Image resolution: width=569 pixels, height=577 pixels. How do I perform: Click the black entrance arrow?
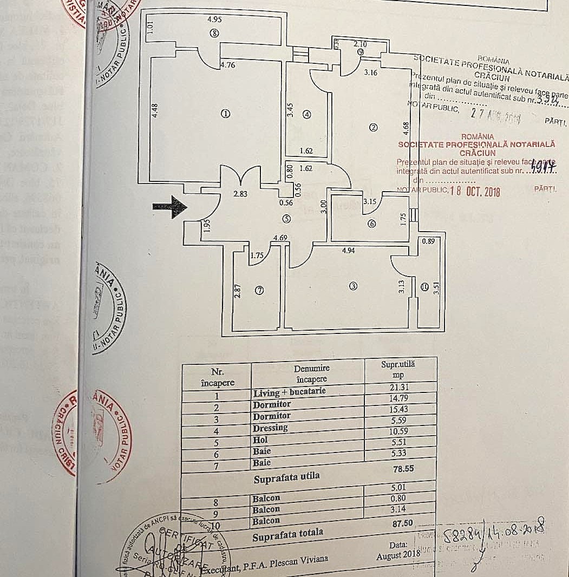[169, 207]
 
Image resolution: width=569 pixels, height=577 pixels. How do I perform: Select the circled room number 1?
[226, 114]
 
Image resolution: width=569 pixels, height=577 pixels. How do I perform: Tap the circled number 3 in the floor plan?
[354, 286]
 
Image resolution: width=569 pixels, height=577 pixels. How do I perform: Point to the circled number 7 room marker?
[259, 291]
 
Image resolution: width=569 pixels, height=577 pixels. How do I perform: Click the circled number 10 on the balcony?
[423, 286]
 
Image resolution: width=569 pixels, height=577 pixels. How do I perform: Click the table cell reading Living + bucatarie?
[290, 392]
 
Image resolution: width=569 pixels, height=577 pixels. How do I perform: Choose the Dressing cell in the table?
[271, 428]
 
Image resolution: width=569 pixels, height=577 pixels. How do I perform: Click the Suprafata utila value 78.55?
[404, 469]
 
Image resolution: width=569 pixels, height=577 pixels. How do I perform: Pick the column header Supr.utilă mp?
[401, 369]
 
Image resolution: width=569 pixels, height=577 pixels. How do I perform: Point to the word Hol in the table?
[261, 440]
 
